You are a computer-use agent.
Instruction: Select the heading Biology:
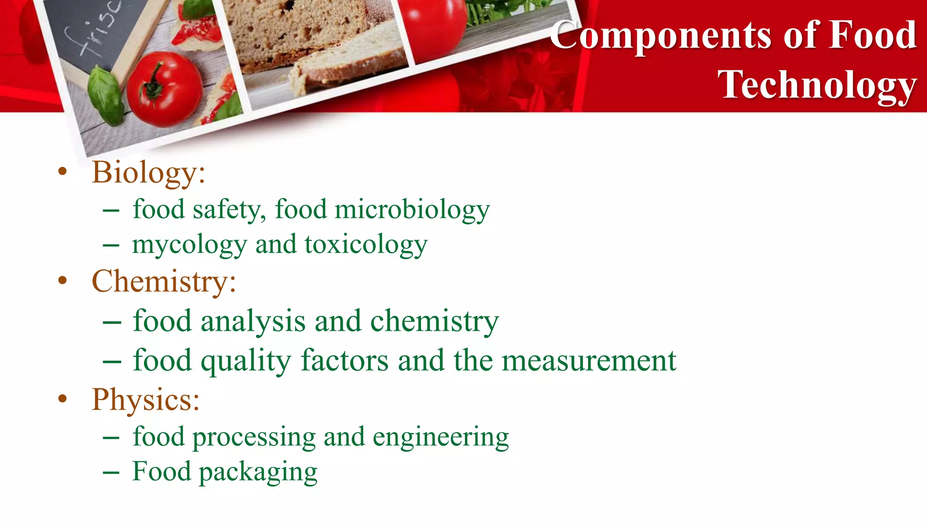coord(148,173)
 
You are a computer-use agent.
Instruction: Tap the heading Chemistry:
coord(164,282)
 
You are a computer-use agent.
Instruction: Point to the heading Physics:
coord(146,400)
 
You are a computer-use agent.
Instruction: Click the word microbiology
coord(412,210)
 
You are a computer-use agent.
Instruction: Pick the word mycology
coord(190,245)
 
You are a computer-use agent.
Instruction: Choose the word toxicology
coord(366,245)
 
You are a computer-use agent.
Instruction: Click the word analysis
coord(253,321)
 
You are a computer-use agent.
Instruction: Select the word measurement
coord(589,361)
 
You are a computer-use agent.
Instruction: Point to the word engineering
coord(440,437)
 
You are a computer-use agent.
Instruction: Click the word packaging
coord(258,472)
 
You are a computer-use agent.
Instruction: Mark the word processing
coord(254,437)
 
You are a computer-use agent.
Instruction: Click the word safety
coord(229,210)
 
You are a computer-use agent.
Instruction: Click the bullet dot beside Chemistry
coord(62,280)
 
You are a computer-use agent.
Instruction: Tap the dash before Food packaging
coord(111,473)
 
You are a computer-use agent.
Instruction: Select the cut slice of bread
coord(349,68)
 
